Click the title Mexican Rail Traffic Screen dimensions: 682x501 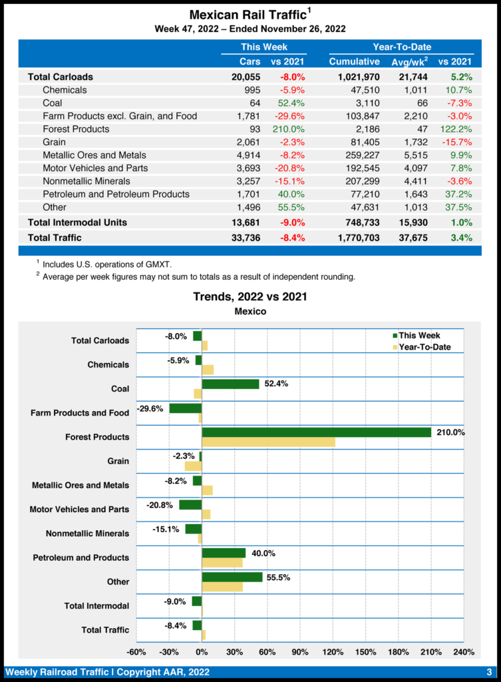[x=247, y=15]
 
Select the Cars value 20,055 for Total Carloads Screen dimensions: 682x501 [x=246, y=77]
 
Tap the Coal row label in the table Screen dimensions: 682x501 [x=54, y=103]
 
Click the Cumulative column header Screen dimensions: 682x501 [x=354, y=62]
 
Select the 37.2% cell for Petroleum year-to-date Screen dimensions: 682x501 [x=459, y=194]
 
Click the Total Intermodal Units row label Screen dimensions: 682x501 [x=77, y=222]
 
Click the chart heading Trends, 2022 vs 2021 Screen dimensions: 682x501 [x=250, y=296]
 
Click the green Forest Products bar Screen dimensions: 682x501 [x=316, y=432]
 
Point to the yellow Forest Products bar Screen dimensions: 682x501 [x=268, y=442]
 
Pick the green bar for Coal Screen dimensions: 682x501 [x=230, y=384]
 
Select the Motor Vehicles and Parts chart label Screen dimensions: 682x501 [x=79, y=510]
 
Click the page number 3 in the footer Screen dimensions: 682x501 [x=488, y=671]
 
